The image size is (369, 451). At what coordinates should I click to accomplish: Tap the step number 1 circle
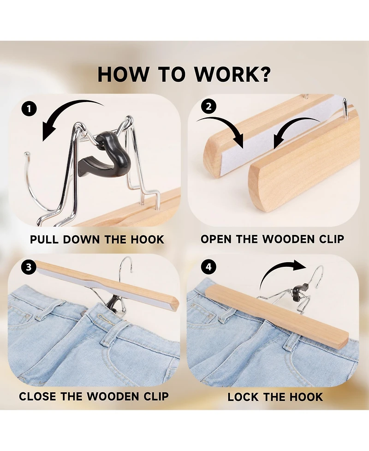click(29, 109)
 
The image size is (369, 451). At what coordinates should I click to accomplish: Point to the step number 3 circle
click(29, 267)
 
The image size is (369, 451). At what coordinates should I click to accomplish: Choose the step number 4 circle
click(209, 267)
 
